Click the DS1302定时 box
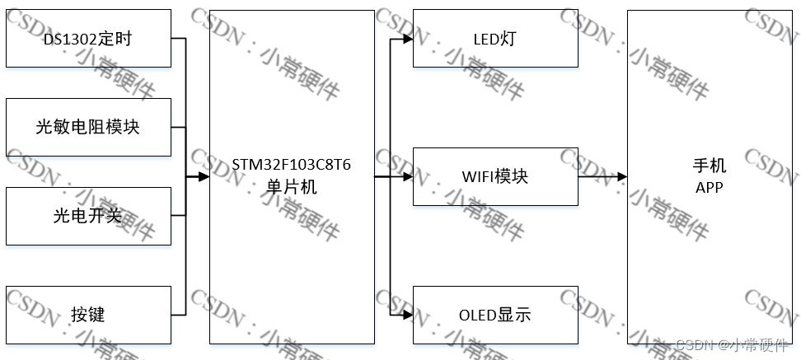(x=88, y=39)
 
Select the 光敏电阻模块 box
(x=88, y=127)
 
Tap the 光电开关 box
(x=88, y=216)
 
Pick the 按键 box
(x=88, y=314)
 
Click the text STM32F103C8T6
(x=291, y=165)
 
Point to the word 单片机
(x=291, y=187)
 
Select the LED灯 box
(x=495, y=39)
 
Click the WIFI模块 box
(x=495, y=176)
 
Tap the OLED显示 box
(x=495, y=314)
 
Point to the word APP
(x=709, y=188)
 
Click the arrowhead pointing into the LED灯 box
(x=407, y=39)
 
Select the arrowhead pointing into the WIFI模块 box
(x=407, y=176)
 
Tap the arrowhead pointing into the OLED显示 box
(x=407, y=314)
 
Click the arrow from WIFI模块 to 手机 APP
(x=602, y=176)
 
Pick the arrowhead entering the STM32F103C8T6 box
(x=204, y=176)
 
